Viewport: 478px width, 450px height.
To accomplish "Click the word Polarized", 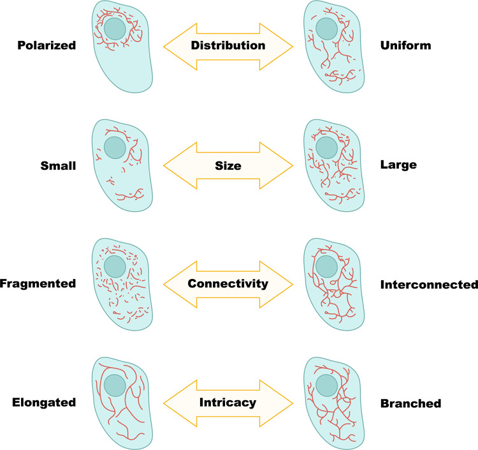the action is coord(47,45).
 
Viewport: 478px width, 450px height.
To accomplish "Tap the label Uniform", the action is coord(406,45).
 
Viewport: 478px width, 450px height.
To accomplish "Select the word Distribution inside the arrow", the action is coord(228,45).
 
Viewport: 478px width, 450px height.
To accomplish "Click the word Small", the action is coord(58,166).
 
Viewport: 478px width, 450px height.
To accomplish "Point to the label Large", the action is coord(398,165).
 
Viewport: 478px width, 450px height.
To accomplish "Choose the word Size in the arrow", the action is coord(228,166).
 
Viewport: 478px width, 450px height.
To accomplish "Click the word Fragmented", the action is coord(38,283).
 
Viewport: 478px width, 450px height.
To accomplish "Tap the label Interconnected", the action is coord(429,285).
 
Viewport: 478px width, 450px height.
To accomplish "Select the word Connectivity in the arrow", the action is coord(228,284).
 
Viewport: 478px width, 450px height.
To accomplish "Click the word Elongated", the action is coord(44,403).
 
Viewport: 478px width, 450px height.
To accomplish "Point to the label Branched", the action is coord(411,403).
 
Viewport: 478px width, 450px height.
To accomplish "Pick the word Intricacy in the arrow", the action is coord(228,403).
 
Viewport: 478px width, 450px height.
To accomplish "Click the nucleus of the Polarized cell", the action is coord(115,29).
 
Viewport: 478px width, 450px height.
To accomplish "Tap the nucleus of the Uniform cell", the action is coord(327,29).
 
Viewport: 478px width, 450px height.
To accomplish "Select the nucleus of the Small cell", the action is coord(115,147).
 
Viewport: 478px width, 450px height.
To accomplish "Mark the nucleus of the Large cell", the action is coord(327,147).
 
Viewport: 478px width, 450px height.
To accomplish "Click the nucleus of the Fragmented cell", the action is coord(115,267).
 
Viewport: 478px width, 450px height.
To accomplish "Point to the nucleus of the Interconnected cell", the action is coord(327,267).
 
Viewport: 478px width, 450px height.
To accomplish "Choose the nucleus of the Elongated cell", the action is coord(115,386).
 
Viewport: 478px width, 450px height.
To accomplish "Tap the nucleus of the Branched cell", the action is coord(327,386).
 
